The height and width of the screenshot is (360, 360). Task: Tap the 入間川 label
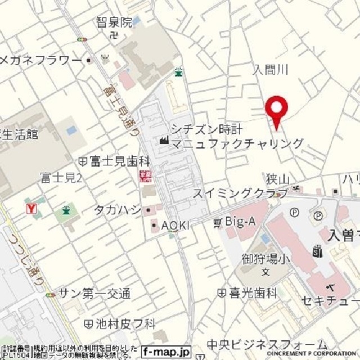click(271, 69)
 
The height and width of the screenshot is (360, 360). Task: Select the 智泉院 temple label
click(114, 22)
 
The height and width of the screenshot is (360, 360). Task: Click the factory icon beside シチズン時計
click(164, 139)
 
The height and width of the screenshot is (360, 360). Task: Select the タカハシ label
click(117, 210)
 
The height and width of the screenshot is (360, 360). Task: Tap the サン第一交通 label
click(94, 293)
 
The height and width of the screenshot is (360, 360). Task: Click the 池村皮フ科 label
click(124, 323)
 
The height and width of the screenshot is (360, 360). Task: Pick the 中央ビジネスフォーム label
click(267, 344)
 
